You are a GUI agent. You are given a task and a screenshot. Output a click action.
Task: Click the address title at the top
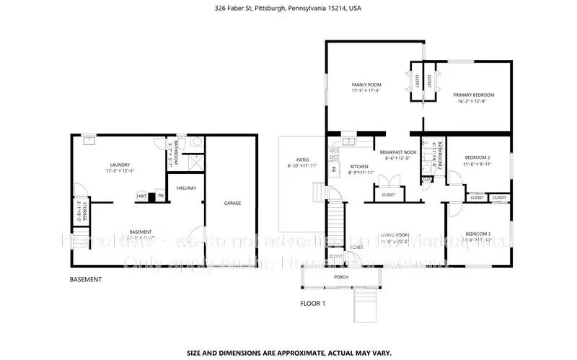(x=288, y=9)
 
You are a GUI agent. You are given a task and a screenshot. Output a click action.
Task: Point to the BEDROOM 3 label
(x=477, y=234)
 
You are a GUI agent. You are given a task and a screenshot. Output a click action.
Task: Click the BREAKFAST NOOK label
(x=399, y=152)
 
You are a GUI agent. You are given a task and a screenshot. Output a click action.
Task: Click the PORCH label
(x=341, y=277)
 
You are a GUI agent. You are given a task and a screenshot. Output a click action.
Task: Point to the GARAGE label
(x=232, y=203)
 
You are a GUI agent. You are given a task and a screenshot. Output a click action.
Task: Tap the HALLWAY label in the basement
(x=187, y=188)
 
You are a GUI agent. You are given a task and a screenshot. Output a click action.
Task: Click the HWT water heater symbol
(x=141, y=196)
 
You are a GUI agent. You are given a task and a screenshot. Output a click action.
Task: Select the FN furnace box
(x=160, y=196)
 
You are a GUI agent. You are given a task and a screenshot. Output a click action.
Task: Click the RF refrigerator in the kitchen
(x=334, y=170)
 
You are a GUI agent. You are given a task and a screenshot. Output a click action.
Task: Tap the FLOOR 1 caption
(x=313, y=304)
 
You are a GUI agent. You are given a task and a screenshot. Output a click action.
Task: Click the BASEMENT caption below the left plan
(x=85, y=280)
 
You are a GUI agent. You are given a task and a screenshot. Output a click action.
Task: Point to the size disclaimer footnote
(x=289, y=333)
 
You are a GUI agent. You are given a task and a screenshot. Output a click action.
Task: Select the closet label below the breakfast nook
(x=389, y=195)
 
